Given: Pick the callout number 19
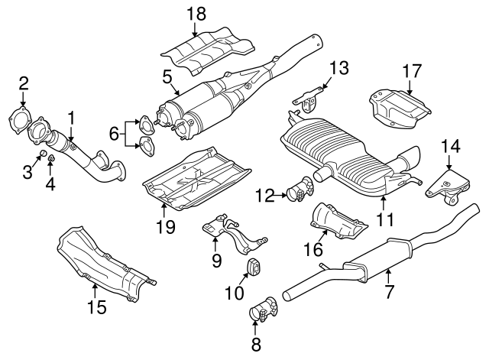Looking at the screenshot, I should coord(166,226).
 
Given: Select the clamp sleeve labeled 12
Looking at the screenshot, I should coord(297,190).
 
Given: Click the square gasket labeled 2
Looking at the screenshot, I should coord(23,122).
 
